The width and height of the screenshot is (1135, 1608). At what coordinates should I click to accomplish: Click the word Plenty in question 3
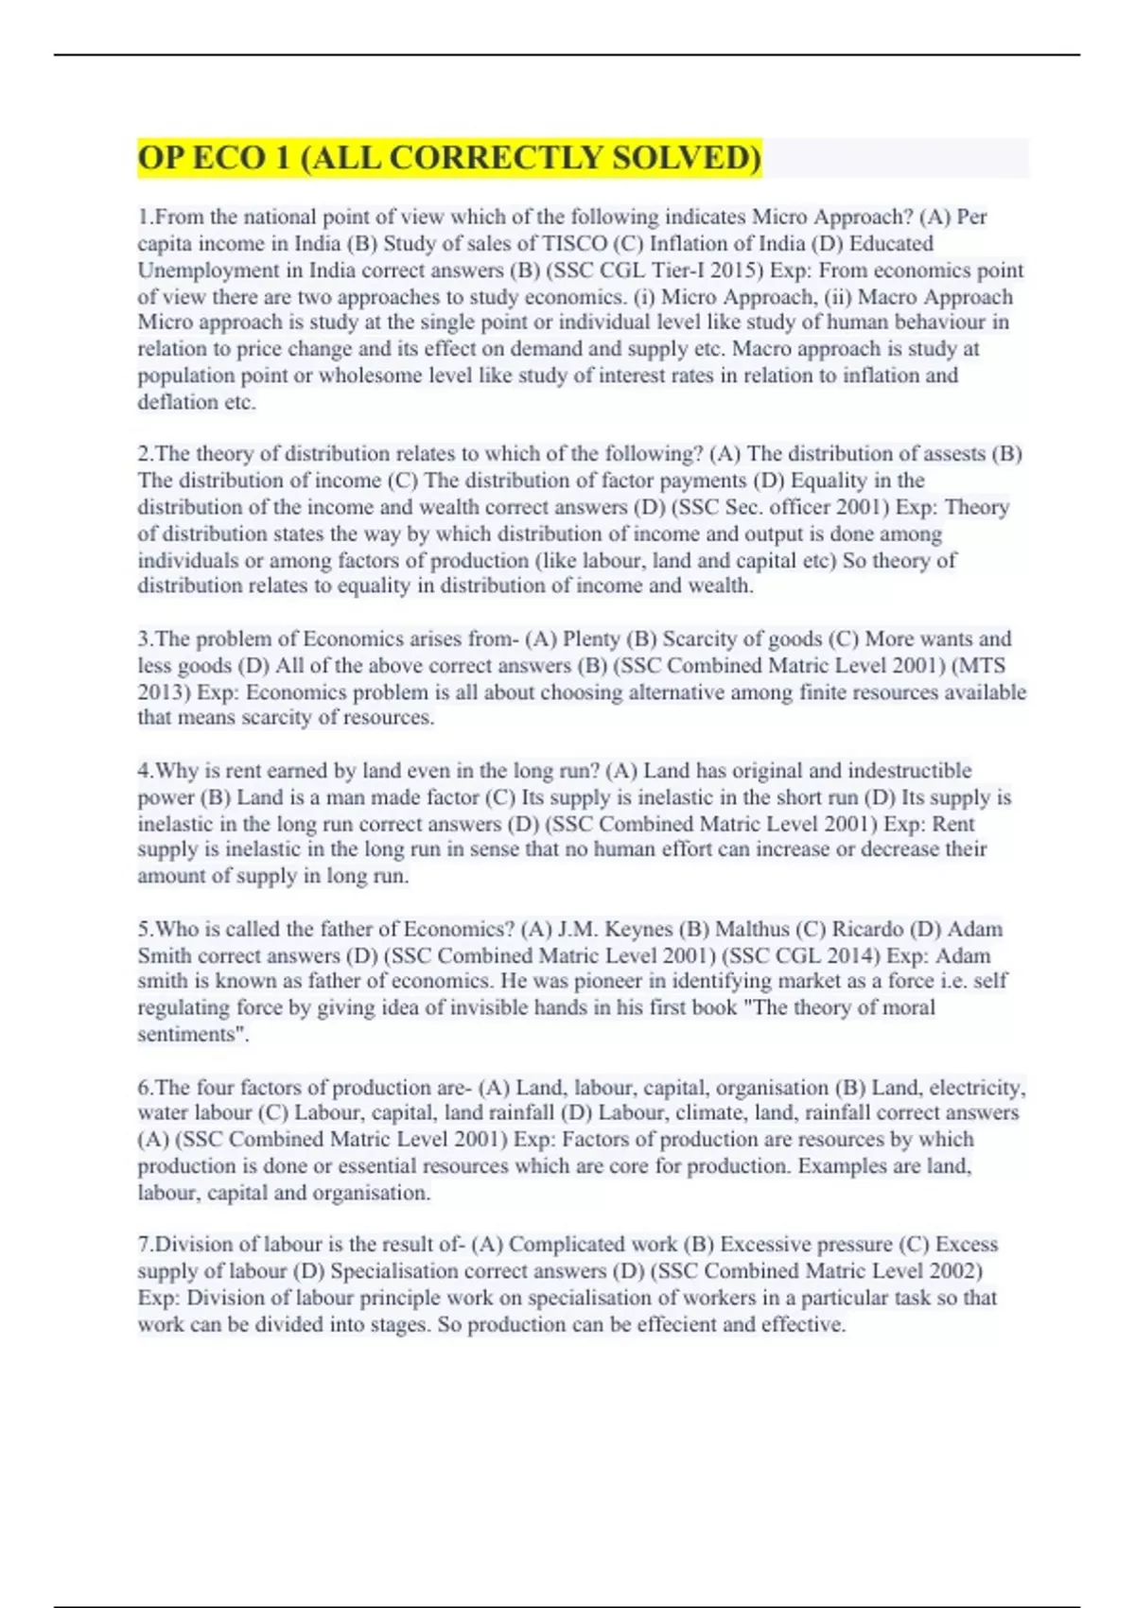[x=591, y=638]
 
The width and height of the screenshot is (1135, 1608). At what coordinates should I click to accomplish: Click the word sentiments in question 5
[x=190, y=1034]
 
